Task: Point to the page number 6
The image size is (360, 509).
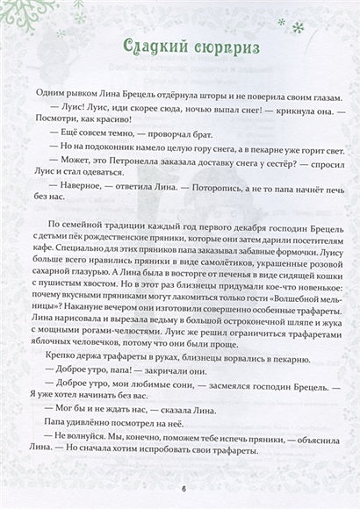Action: (x=183, y=488)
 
